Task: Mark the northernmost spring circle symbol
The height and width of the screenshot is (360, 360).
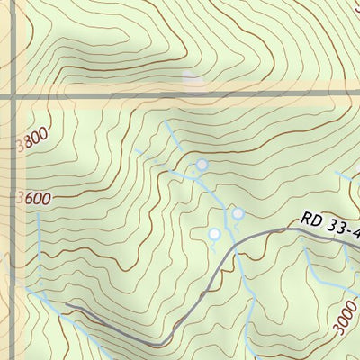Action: coord(202,165)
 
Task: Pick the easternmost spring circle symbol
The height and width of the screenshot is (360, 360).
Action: coord(238,213)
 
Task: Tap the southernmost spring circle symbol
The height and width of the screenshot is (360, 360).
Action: coord(214,234)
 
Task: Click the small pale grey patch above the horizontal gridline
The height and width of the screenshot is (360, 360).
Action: coord(192,80)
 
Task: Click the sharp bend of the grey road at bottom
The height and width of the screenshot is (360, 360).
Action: coord(155,343)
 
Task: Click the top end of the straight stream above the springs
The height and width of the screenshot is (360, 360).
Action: coord(167,121)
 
